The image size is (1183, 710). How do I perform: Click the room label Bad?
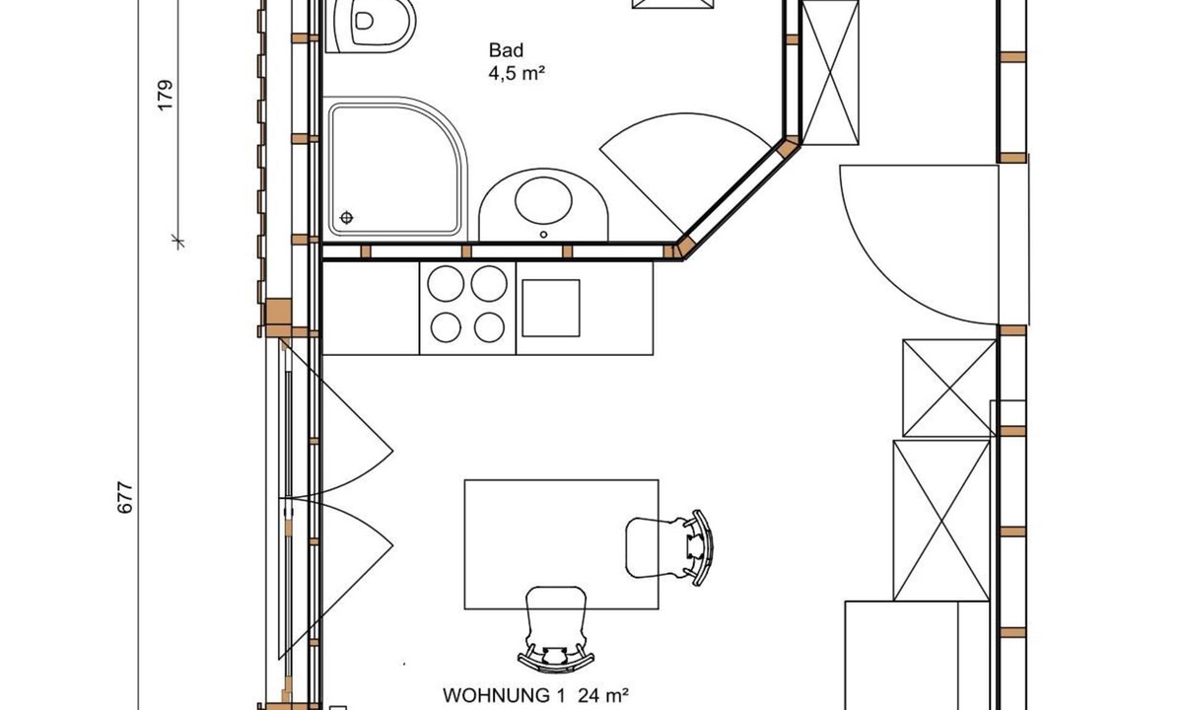(506, 50)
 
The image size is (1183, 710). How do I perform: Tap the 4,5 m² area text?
(517, 73)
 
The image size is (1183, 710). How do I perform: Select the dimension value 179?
(166, 95)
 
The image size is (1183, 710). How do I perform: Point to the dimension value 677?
(124, 498)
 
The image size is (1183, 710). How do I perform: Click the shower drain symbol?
(346, 218)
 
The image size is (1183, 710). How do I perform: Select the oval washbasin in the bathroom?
(543, 201)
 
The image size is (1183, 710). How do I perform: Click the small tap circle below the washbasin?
(543, 235)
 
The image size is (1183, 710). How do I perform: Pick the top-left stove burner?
(446, 284)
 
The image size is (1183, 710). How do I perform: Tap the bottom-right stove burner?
(489, 327)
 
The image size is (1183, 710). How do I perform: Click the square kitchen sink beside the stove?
(551, 309)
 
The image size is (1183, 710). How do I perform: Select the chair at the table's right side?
(669, 547)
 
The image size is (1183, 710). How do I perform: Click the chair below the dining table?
(556, 629)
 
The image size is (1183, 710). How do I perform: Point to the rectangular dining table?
(561, 544)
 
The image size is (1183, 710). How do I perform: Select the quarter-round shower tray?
(395, 169)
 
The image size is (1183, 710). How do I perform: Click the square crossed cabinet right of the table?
(949, 389)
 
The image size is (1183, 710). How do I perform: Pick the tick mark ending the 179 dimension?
(178, 242)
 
